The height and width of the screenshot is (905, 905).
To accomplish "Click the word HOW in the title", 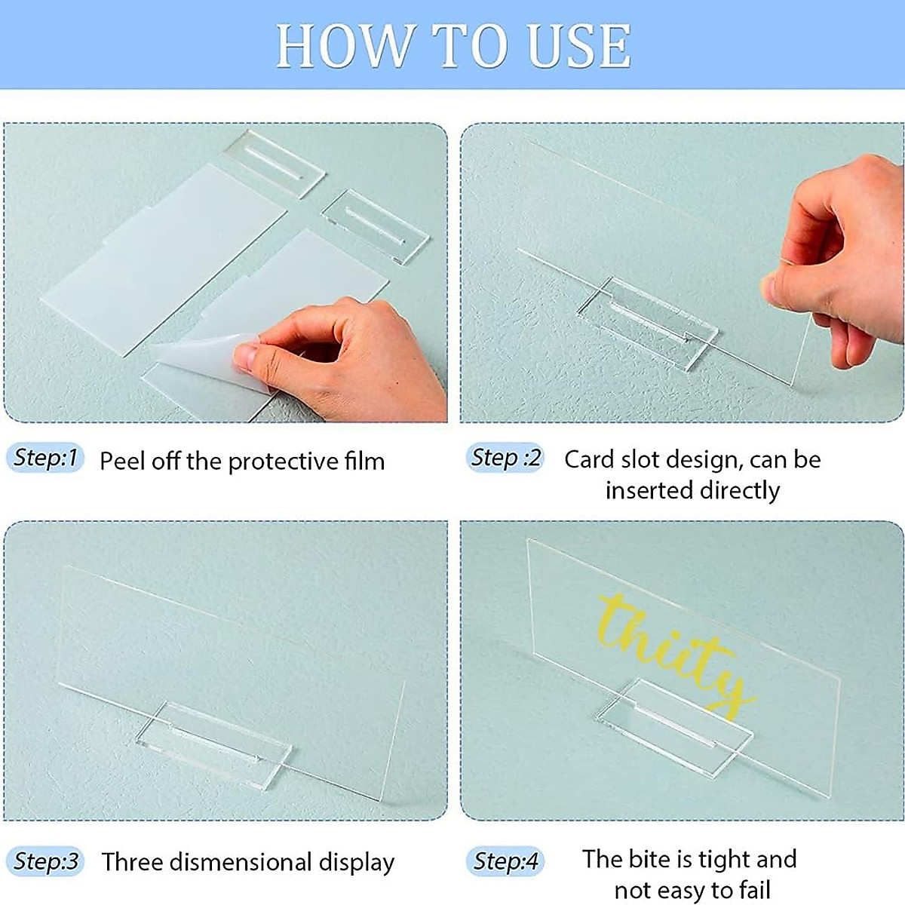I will pyautogui.click(x=344, y=47).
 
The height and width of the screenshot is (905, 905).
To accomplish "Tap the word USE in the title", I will pyautogui.click(x=579, y=47).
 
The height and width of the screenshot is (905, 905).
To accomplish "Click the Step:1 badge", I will pyautogui.click(x=46, y=458).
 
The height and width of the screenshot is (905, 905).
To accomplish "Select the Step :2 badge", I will pyautogui.click(x=506, y=458).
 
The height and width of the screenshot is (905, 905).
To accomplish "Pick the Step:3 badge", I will pyautogui.click(x=46, y=861).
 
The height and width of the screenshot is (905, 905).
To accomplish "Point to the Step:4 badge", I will pyautogui.click(x=505, y=861).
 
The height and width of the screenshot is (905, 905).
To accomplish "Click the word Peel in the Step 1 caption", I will pyautogui.click(x=122, y=461).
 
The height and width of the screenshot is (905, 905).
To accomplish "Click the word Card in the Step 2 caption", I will pyautogui.click(x=591, y=459).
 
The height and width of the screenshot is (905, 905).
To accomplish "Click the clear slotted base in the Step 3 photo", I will pyautogui.click(x=214, y=743).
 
